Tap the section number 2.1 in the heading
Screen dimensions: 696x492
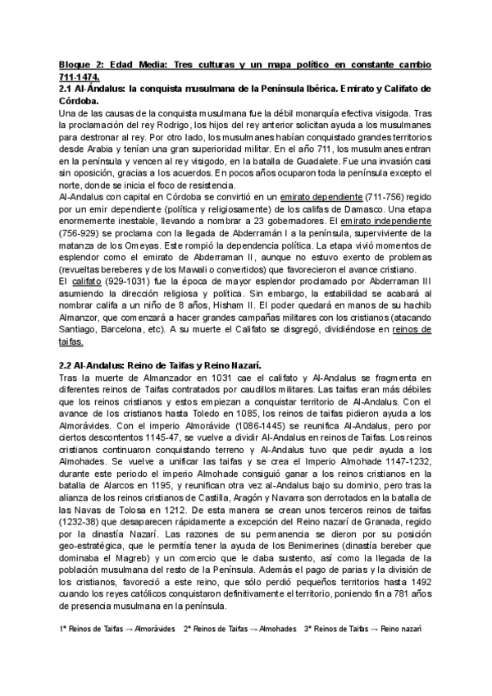[x=68, y=88]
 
